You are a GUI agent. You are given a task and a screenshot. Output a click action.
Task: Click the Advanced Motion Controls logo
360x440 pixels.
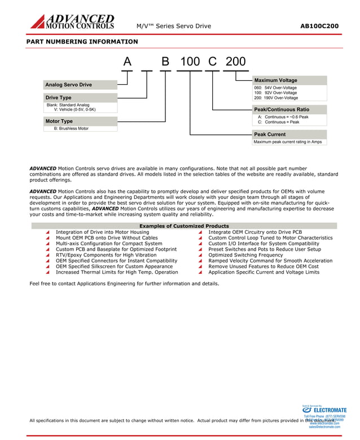coord(72,22)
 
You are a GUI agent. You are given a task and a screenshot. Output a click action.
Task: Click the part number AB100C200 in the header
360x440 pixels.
coord(319,26)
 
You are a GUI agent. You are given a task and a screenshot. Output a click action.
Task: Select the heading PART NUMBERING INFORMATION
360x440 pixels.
coord(82,42)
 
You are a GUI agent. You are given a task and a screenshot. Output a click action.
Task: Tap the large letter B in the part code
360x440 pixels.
coord(165,62)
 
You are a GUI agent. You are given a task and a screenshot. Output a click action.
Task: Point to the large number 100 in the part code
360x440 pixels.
coord(190,62)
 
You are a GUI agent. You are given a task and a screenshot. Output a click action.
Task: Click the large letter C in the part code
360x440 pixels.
coord(213,62)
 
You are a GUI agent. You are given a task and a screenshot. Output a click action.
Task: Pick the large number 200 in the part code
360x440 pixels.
coord(235,62)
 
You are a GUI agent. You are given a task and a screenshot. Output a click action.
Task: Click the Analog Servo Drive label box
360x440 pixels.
coord(80,85)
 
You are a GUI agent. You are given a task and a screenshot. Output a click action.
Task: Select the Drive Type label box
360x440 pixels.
coord(80,98)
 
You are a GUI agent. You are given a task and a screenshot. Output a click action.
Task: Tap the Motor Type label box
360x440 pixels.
coord(80,121)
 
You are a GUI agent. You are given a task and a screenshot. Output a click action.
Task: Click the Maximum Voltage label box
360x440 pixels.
coord(289,80)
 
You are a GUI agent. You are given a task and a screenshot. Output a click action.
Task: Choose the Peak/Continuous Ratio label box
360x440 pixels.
coord(289,109)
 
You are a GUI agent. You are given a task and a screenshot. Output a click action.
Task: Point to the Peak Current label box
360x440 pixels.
coord(289,134)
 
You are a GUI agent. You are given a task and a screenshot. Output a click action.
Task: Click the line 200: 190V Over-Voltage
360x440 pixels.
coord(276,98)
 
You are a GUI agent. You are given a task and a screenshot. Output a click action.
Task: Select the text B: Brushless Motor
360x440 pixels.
coord(71,129)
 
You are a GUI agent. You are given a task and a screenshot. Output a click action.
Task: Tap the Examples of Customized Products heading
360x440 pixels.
coord(184,226)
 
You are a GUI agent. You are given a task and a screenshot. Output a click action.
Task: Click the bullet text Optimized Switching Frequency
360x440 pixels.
coord(245,255)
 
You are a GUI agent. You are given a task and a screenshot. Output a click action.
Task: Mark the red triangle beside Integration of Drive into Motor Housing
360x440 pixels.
coord(48,232)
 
